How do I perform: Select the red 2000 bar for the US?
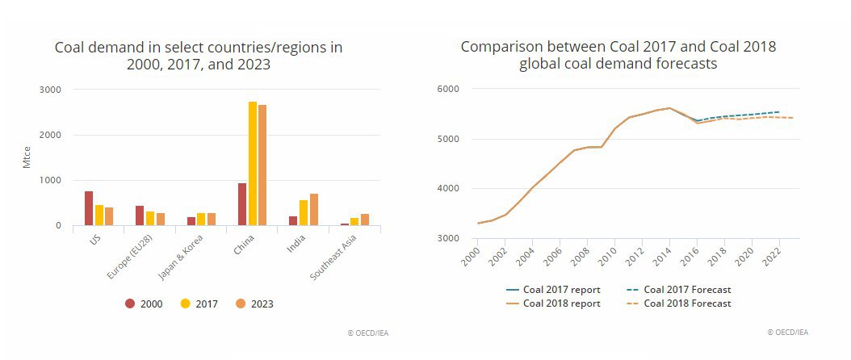(89, 208)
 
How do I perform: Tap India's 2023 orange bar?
(314, 209)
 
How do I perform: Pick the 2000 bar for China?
(242, 204)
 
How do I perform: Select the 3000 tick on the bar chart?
(49, 90)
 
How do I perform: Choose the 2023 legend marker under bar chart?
(241, 303)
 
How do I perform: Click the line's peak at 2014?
(669, 108)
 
